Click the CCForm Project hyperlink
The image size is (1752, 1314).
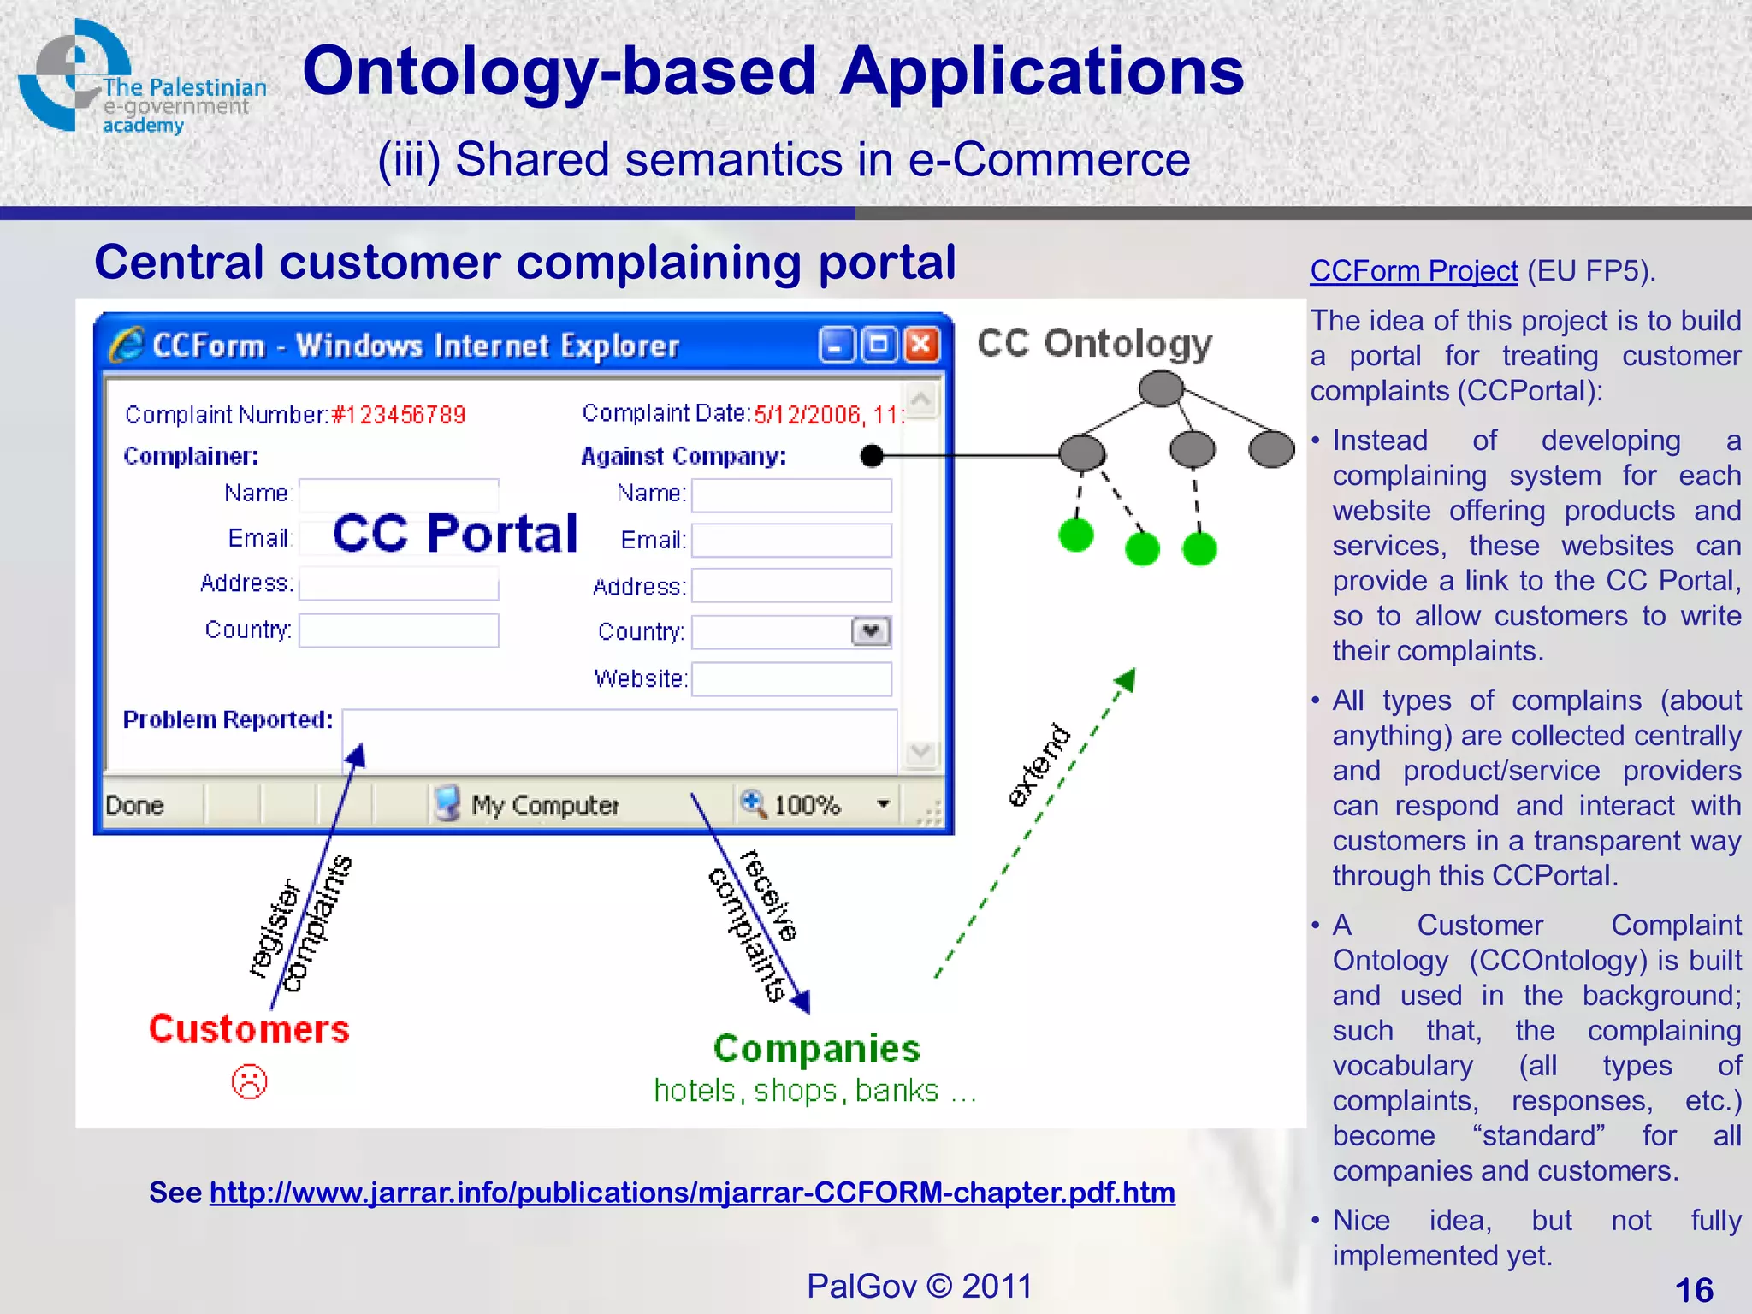(1413, 271)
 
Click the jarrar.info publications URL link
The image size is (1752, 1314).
(691, 1193)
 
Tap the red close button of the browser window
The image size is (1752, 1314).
(921, 346)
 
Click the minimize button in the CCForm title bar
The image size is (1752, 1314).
(836, 346)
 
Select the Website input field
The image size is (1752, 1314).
(791, 679)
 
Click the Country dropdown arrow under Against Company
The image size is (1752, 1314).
(871, 632)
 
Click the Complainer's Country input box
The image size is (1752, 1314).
(399, 630)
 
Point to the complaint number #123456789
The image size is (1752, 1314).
(399, 416)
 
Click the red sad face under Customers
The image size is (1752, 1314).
(249, 1082)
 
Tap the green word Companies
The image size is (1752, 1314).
(816, 1049)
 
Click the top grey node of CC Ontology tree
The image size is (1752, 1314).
(1161, 388)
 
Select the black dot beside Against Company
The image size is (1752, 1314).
(871, 456)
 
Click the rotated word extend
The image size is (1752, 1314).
(1039, 766)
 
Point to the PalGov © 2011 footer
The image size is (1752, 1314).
(919, 1286)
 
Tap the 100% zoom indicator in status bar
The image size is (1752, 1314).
(806, 805)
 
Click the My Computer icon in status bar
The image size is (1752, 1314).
(447, 804)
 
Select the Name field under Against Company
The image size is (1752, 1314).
(791, 495)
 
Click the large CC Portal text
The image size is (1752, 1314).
(455, 534)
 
